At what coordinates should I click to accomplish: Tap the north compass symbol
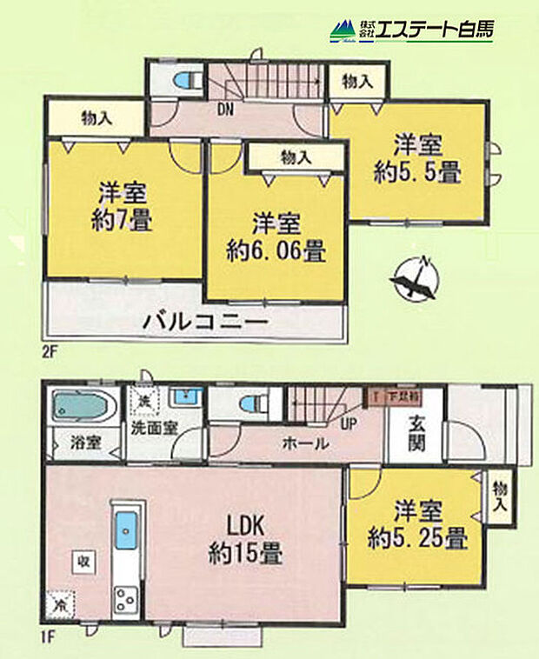tap(415, 283)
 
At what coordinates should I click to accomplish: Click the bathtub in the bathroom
tap(84, 406)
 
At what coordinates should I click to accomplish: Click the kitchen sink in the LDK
tap(126, 529)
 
